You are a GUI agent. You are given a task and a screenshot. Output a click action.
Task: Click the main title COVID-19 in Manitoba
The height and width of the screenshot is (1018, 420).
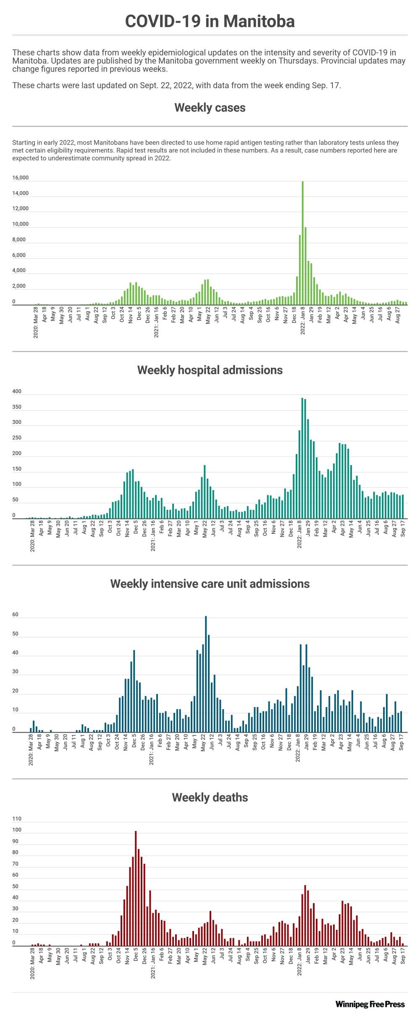pos(210,21)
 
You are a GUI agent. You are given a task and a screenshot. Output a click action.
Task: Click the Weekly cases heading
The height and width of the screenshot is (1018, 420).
pos(210,108)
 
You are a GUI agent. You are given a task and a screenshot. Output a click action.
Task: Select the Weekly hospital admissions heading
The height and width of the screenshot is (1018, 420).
pos(210,370)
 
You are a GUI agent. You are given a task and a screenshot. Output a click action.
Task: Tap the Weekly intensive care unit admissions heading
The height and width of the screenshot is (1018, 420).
pos(210,584)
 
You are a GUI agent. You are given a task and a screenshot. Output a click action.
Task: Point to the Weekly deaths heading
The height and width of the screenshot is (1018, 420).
pos(210,797)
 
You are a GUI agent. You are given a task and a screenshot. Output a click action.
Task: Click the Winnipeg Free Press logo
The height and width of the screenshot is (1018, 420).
pos(370,1004)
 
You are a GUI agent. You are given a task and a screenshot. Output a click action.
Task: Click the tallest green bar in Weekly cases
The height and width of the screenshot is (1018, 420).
pos(303,244)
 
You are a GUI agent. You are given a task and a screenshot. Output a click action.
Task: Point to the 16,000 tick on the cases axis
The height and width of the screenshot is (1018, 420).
pos(21,178)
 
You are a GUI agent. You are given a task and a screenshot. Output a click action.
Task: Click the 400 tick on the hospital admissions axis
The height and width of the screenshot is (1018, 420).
pos(17,392)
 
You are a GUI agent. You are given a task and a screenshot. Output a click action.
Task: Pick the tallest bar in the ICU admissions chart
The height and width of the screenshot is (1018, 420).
pos(206,674)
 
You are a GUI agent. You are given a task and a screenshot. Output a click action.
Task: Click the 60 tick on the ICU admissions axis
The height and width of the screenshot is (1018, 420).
pos(16,615)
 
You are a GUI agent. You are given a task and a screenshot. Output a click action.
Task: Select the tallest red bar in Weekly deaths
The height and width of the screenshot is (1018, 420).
pos(136,889)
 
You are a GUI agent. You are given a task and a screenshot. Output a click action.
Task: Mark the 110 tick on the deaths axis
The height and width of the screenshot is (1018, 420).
pos(17,819)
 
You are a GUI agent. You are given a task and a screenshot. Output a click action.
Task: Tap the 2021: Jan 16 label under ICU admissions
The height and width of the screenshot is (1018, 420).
pos(152,749)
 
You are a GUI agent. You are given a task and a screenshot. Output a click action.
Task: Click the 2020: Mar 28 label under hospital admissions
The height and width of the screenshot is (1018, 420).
pos(33,536)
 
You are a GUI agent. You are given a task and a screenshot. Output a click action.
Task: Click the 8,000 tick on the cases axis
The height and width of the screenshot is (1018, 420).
pos(19,240)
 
